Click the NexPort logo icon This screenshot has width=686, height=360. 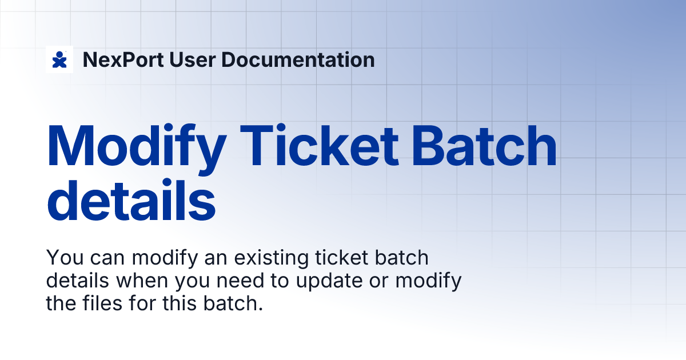pos(59,59)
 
